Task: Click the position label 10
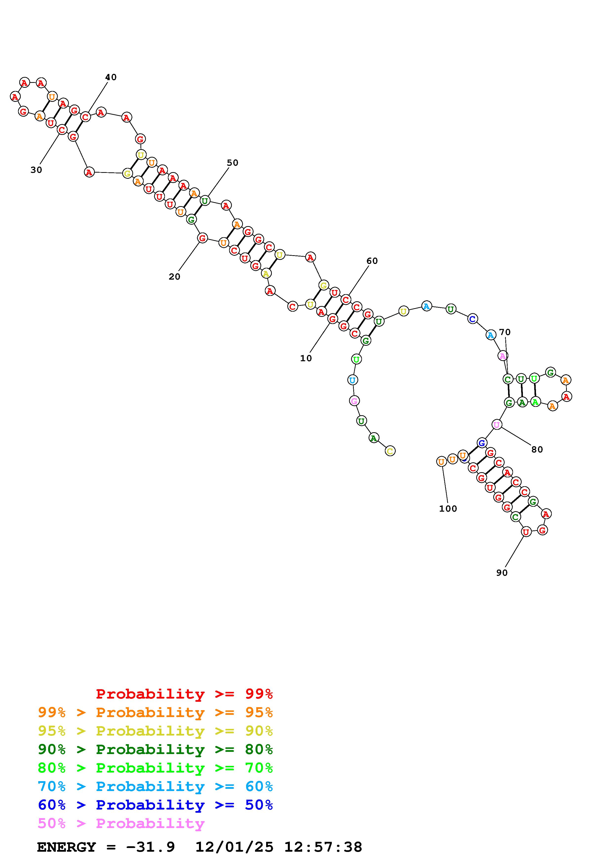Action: click(x=306, y=358)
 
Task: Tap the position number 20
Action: click(x=174, y=276)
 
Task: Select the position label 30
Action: click(x=36, y=170)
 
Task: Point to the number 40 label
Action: click(x=111, y=77)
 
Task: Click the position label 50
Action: click(x=233, y=163)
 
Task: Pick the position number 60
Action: click(x=372, y=261)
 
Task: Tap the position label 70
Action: click(x=505, y=332)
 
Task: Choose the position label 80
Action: click(x=537, y=450)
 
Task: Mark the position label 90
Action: click(x=502, y=573)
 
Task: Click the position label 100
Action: click(x=448, y=509)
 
